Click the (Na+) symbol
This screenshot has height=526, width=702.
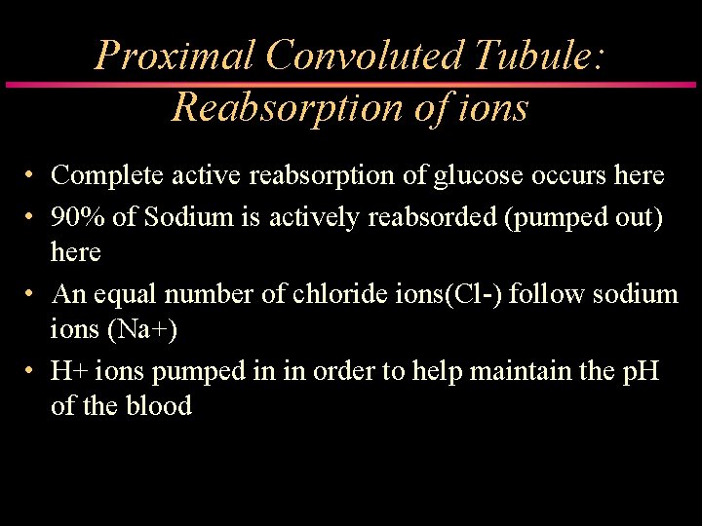(142, 330)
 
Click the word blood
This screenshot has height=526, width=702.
(157, 405)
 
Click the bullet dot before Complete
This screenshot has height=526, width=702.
(32, 176)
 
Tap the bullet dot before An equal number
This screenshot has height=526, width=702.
(32, 294)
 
